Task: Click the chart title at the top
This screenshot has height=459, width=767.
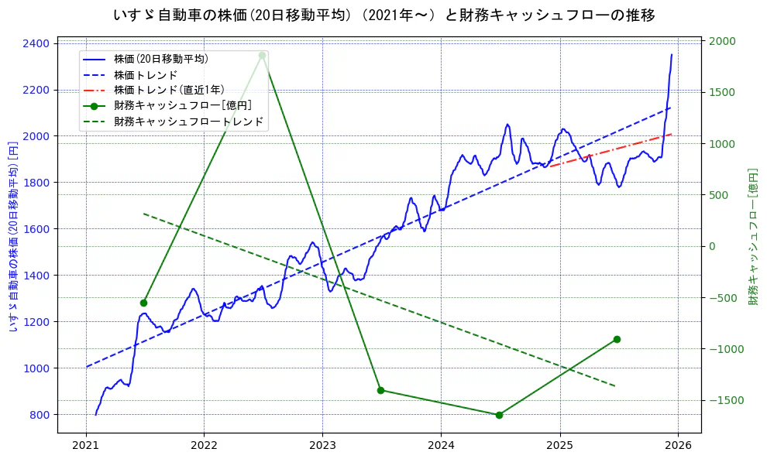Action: [383, 15]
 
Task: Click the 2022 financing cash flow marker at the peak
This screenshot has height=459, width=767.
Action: [262, 56]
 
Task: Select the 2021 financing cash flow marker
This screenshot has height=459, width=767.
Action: [143, 303]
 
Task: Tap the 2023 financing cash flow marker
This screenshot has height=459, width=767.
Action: [380, 390]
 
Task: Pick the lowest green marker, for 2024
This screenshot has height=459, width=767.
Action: [499, 415]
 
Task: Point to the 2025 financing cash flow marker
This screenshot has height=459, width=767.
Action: [617, 339]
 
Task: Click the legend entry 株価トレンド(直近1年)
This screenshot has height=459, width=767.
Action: [168, 90]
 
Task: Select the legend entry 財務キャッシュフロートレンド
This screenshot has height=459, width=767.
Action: [188, 122]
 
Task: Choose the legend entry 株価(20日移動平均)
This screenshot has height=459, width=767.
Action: [160, 58]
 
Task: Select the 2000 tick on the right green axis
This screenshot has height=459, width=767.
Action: [722, 41]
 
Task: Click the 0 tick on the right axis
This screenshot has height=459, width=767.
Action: [712, 246]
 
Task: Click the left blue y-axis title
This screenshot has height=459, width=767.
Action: [13, 236]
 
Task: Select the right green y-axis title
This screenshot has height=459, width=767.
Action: [752, 236]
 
